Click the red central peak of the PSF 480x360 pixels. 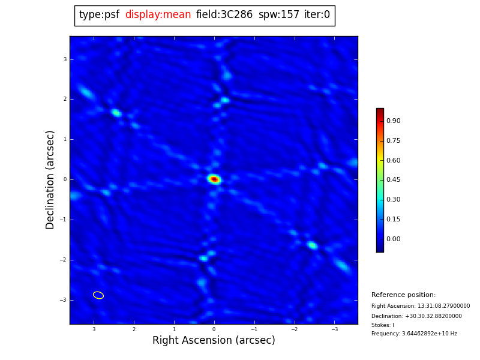[214, 179]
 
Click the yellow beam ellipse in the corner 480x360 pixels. [98, 295]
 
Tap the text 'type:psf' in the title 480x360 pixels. [99, 15]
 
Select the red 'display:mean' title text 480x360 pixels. [158, 15]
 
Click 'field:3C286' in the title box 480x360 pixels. [224, 15]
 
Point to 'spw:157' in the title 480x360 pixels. [279, 15]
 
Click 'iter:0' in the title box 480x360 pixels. [317, 15]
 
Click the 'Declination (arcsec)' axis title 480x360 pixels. [51, 179]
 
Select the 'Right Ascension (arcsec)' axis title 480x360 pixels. [214, 341]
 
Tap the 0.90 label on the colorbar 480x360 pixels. [393, 121]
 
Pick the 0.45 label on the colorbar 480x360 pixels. [393, 180]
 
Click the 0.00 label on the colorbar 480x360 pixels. [393, 239]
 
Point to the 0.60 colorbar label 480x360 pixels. [393, 160]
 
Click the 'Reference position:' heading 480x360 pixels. [403, 295]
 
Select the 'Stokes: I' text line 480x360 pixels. [383, 325]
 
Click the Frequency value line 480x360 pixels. [414, 334]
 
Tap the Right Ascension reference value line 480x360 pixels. [421, 306]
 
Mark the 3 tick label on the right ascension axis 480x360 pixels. [94, 329]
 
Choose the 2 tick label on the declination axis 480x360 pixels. [65, 99]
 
